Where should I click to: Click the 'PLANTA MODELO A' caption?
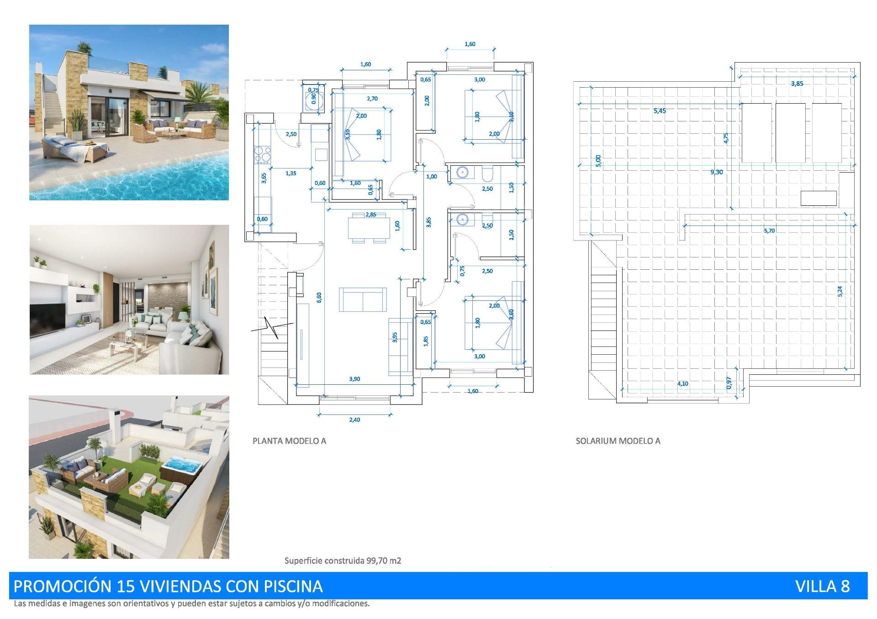pos(289,441)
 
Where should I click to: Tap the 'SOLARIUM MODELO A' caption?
pos(618,441)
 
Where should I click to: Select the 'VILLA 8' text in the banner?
pos(822,586)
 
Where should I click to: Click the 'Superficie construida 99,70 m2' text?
pos(343,561)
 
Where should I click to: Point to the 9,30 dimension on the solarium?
pos(716,172)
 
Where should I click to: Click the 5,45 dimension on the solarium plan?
pos(660,111)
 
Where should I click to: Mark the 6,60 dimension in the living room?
pos(319,297)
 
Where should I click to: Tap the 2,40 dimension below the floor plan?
pos(354,420)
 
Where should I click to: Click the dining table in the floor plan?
pos(369,227)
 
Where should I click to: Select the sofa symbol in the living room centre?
pos(363,299)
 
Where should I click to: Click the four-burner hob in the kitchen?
pos(262,154)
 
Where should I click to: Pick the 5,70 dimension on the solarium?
pos(769,231)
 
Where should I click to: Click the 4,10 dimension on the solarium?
pos(682,384)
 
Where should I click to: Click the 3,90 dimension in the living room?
pos(354,379)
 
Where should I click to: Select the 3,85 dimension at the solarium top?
pos(797,84)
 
